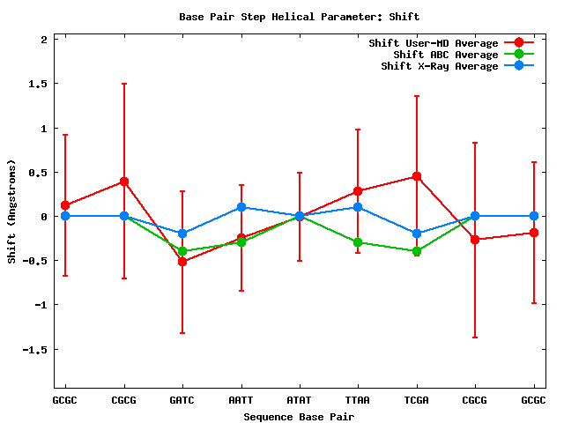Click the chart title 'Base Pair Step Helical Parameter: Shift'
click(299, 17)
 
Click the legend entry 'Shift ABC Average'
click(446, 55)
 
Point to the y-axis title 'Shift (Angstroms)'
click(11, 211)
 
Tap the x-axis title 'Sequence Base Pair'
click(299, 416)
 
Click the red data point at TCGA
click(416, 176)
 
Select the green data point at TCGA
click(416, 251)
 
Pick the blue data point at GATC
click(182, 234)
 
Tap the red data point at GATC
click(182, 262)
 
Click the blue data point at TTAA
click(358, 207)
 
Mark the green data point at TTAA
click(358, 242)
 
